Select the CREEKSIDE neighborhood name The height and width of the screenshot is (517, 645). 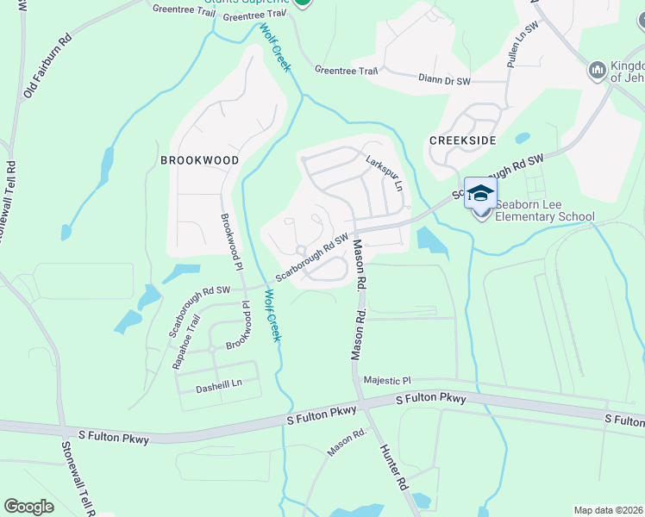click(x=463, y=140)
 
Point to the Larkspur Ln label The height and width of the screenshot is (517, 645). click(x=385, y=172)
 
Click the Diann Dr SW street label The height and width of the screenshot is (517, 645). click(x=443, y=80)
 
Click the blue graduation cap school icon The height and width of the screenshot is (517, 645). click(x=480, y=193)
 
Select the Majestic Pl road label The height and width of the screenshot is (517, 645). click(x=388, y=380)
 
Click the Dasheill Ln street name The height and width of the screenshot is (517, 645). click(x=218, y=383)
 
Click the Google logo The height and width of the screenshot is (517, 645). click(x=28, y=507)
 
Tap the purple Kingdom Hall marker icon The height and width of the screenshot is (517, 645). click(x=596, y=70)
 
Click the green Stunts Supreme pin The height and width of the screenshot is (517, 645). click(x=303, y=3)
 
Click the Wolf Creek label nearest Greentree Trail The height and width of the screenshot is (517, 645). click(x=275, y=47)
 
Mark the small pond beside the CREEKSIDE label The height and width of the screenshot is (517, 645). click(x=522, y=138)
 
